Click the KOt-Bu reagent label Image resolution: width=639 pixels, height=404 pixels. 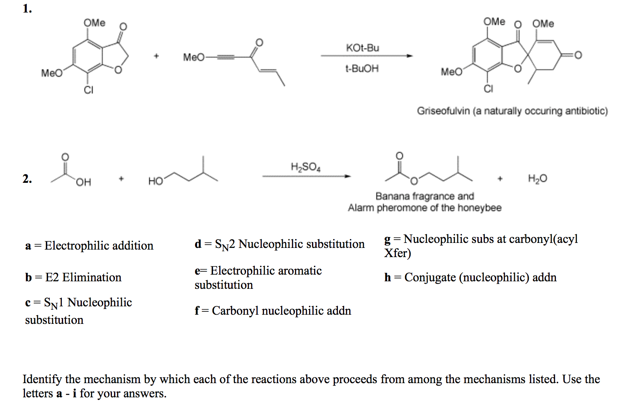(362, 48)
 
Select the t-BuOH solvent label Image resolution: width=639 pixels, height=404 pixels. (362, 68)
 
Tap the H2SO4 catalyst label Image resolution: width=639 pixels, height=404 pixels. (305, 167)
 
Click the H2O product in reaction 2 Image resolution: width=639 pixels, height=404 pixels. (537, 179)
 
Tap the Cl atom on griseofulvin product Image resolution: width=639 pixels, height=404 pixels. (488, 89)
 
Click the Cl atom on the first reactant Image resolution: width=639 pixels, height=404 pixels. (89, 90)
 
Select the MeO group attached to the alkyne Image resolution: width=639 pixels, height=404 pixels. (194, 57)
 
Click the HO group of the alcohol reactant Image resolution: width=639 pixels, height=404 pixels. (155, 181)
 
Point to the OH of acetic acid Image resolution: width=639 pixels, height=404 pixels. (83, 182)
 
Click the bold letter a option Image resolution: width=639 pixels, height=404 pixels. (28, 246)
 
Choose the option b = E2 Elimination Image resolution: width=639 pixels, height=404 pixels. (73, 278)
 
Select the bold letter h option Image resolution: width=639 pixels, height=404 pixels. (388, 278)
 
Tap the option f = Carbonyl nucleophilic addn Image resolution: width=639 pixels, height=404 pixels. (273, 311)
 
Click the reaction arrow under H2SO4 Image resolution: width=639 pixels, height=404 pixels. (306, 177)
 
